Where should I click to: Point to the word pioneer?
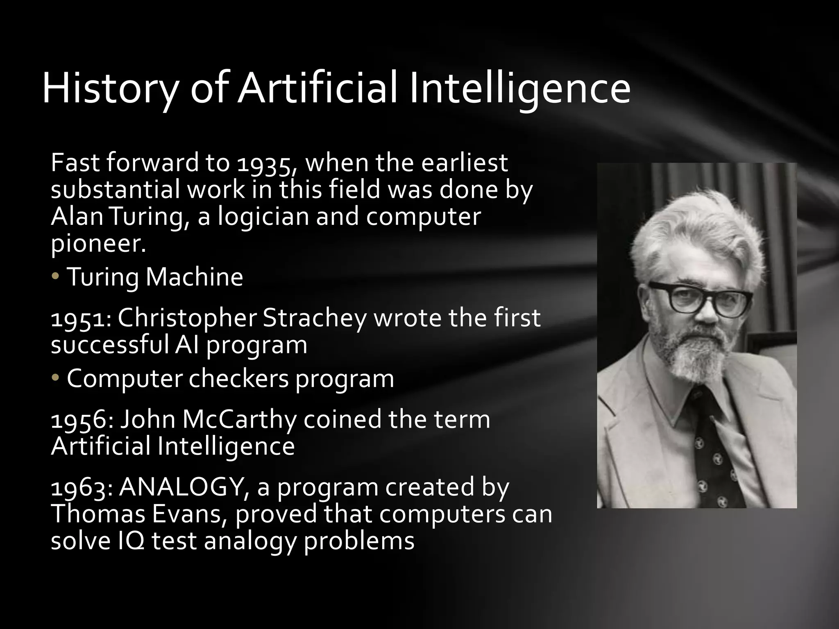pyautogui.click(x=97, y=243)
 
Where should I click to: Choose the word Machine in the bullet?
pyautogui.click(x=194, y=277)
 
